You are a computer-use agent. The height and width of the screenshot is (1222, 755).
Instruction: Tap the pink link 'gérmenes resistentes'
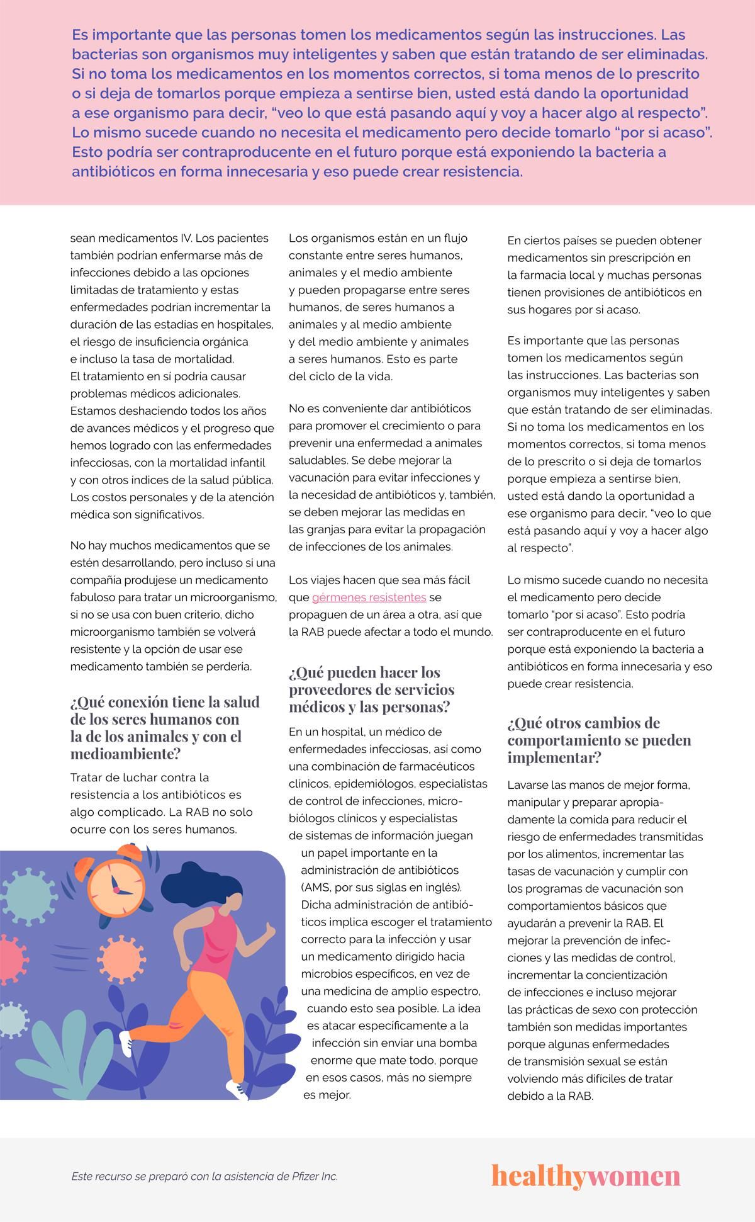(369, 597)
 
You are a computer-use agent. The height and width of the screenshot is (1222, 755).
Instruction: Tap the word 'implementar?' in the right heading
(554, 757)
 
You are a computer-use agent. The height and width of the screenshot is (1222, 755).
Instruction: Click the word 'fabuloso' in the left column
(95, 597)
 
